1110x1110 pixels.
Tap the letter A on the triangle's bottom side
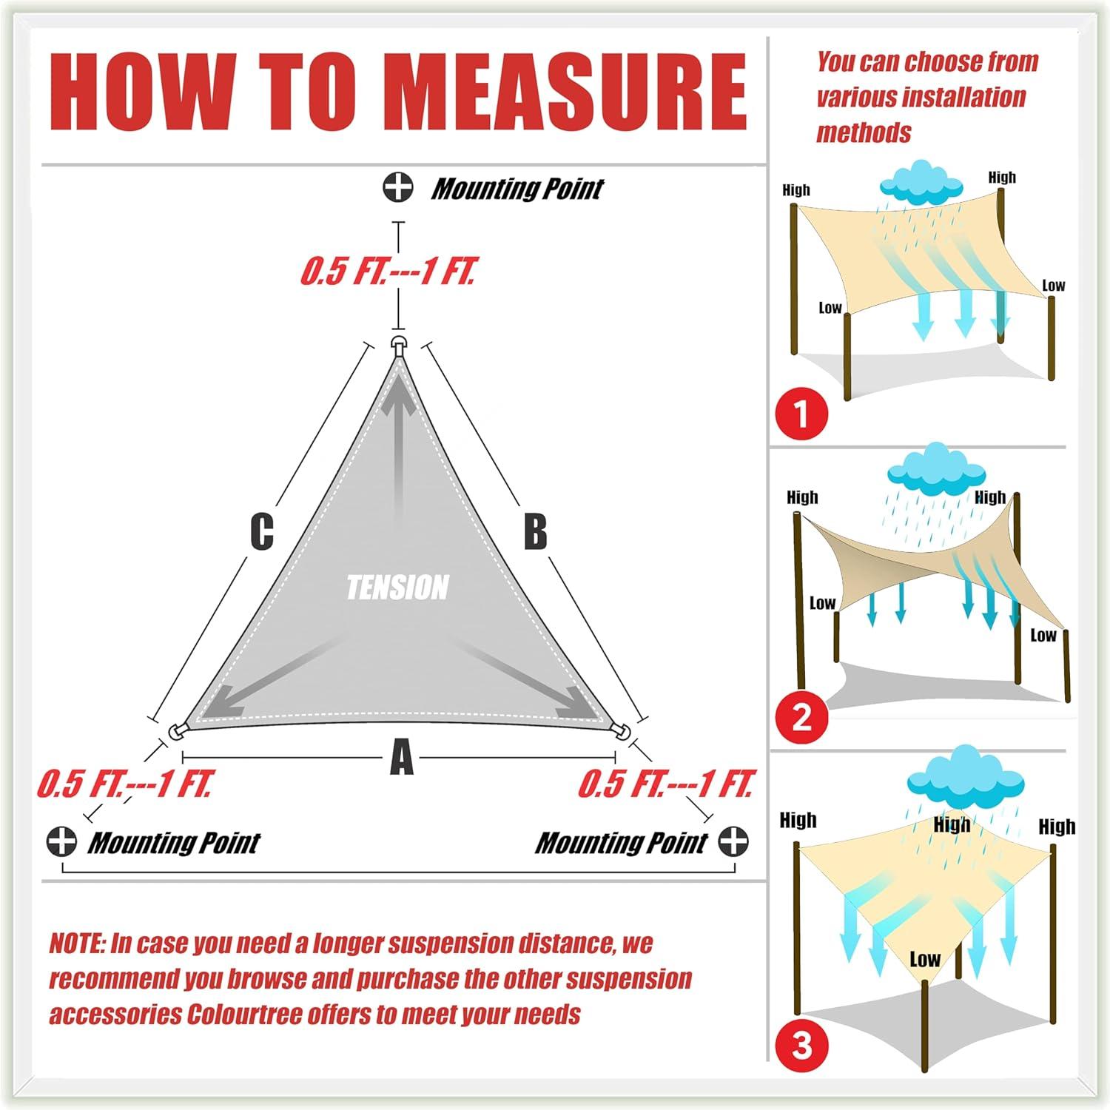coord(401,758)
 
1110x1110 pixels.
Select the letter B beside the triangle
coord(535,531)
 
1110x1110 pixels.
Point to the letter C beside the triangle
coord(262,531)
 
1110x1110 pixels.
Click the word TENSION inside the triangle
coord(397,588)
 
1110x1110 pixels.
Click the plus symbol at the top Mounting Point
coord(398,186)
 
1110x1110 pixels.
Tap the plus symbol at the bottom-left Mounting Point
coord(61,842)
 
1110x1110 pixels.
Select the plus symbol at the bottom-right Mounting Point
coord(733,842)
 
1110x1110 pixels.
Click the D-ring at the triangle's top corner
coord(399,345)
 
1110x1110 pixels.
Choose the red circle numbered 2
coord(801,717)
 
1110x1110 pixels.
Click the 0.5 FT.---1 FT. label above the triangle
coord(388,272)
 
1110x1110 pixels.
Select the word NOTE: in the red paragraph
coord(77,943)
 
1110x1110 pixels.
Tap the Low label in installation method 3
coord(925,960)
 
